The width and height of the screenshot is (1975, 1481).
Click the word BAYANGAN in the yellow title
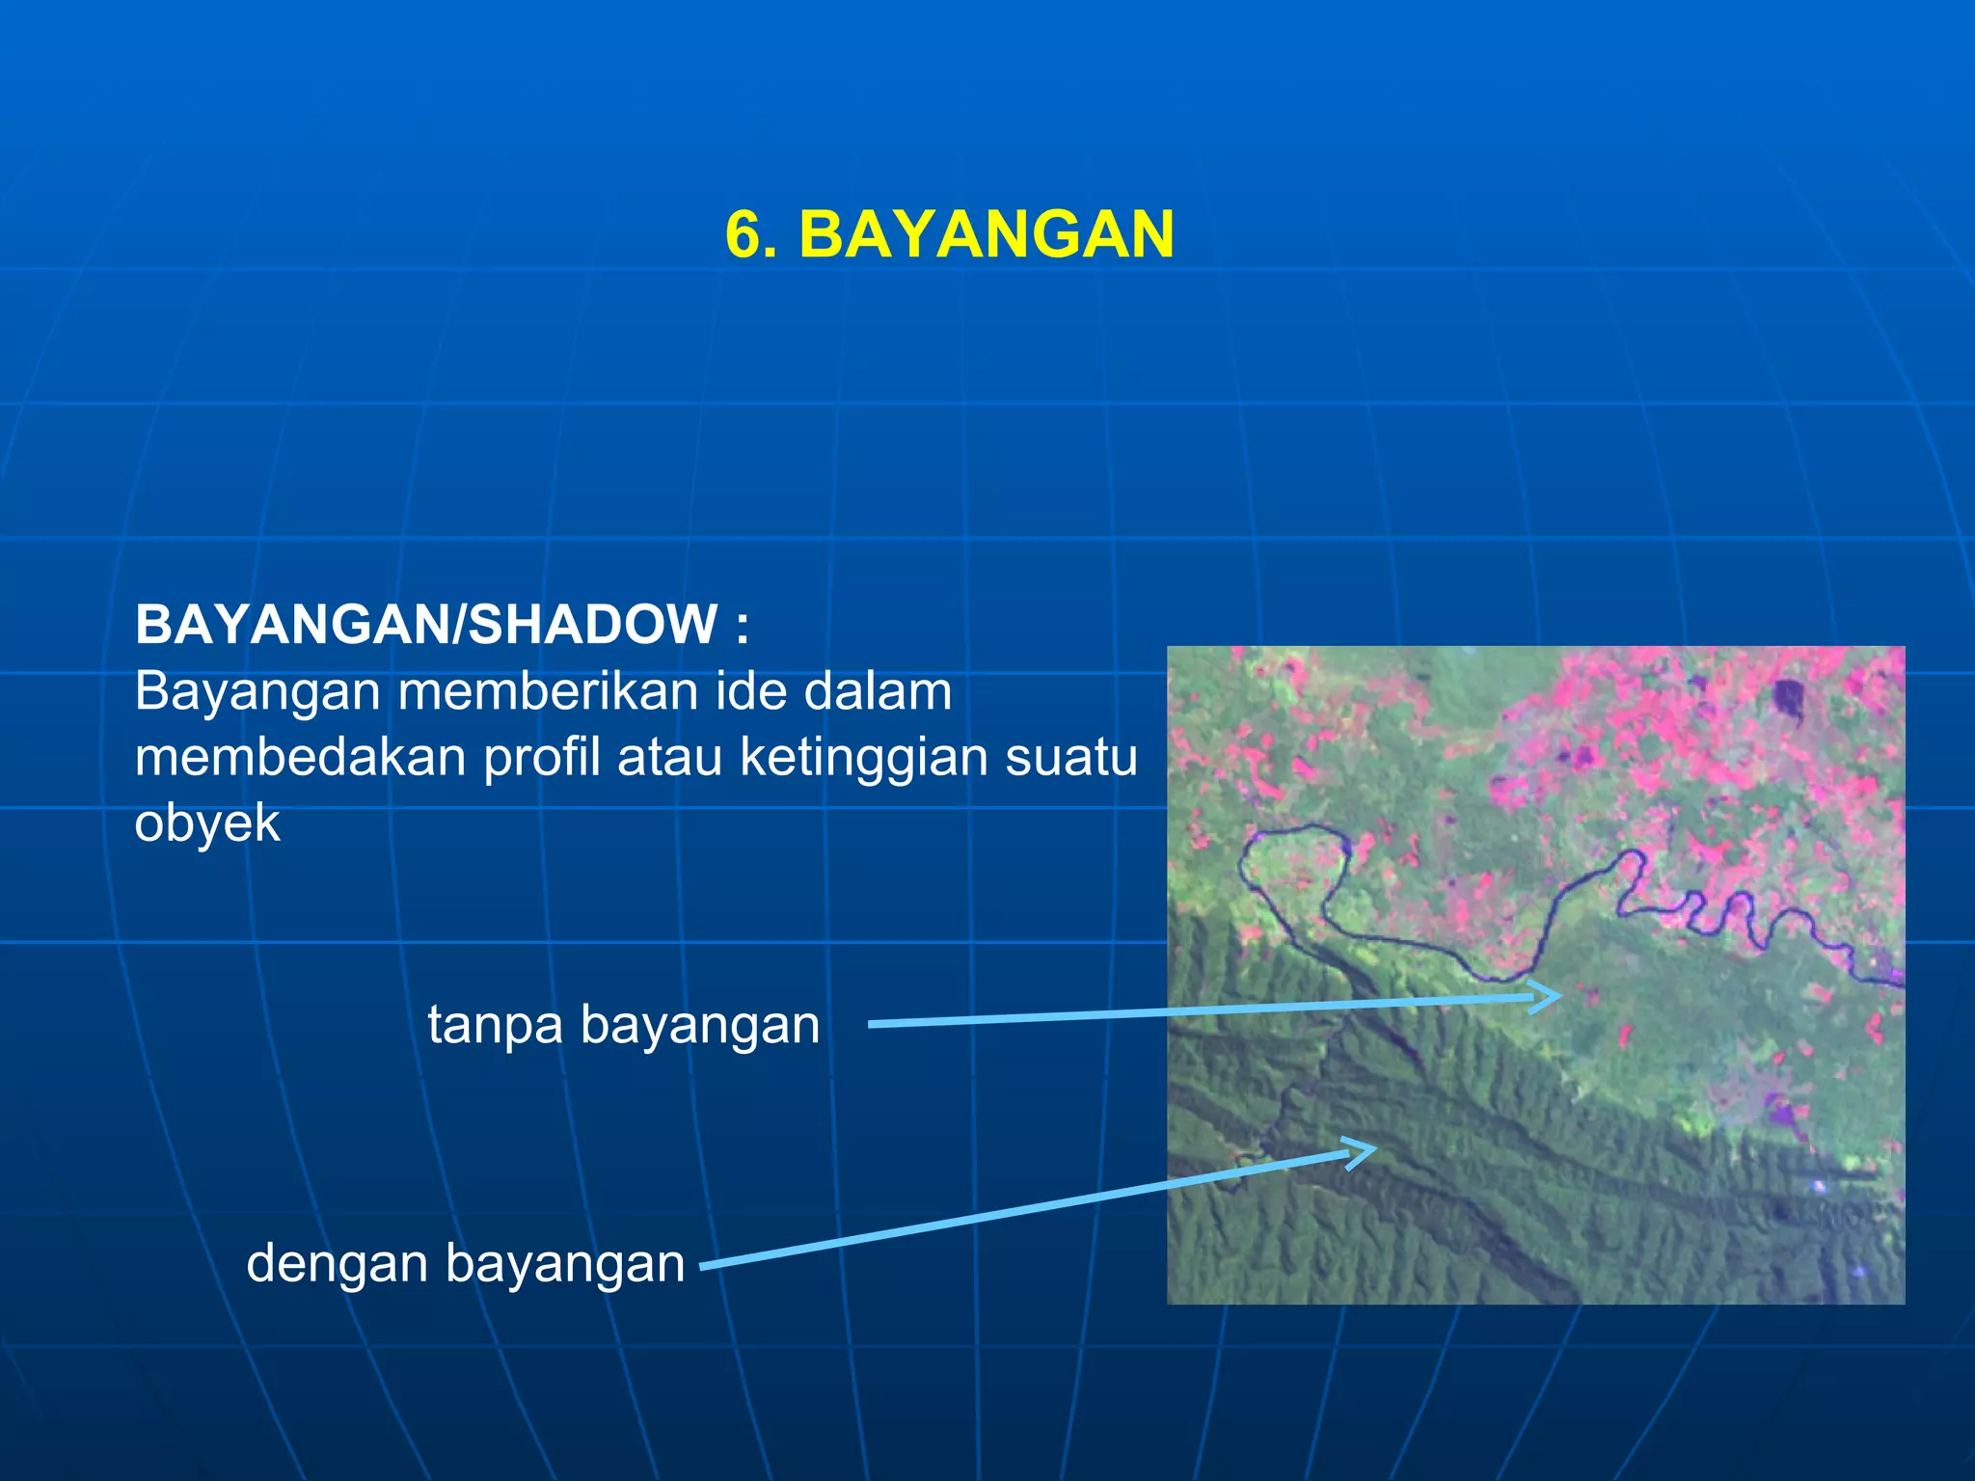pyautogui.click(x=986, y=234)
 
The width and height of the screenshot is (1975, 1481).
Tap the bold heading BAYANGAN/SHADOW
pyautogui.click(x=426, y=624)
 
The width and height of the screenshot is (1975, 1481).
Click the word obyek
pyautogui.click(x=207, y=823)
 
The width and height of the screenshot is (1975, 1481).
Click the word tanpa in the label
pyautogui.click(x=495, y=1024)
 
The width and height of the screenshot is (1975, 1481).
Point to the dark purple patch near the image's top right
pyautogui.click(x=1789, y=699)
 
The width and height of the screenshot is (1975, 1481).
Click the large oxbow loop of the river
pyautogui.click(x=1292, y=868)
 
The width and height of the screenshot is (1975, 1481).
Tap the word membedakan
pyautogui.click(x=300, y=757)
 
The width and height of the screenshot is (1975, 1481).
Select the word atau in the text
pyautogui.click(x=669, y=757)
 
